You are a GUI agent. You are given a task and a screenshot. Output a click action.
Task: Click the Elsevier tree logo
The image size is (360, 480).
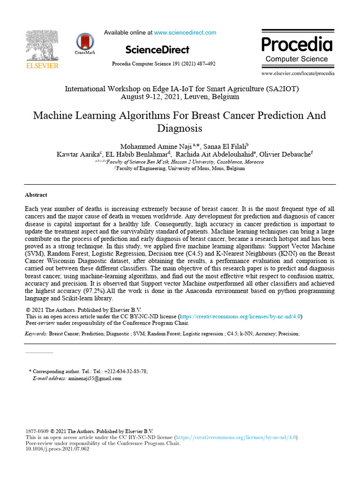[42, 46]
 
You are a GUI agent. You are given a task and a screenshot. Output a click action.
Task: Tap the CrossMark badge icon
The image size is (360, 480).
[85, 42]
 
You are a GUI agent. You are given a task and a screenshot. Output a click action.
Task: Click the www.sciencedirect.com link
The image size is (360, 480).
[185, 33]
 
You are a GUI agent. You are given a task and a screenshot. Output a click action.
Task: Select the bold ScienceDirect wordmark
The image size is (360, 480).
[157, 50]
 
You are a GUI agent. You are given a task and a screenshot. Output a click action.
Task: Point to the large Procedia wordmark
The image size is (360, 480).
[297, 45]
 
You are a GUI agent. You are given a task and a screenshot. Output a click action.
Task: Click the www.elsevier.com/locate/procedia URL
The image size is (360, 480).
[298, 74]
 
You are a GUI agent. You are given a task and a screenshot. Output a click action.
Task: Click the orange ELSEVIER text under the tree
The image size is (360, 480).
[42, 66]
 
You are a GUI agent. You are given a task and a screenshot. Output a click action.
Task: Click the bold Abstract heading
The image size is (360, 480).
[36, 195]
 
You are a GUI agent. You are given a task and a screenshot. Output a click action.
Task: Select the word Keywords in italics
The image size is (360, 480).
[36, 334]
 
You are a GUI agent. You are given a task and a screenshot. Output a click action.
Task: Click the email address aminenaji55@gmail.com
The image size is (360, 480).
[95, 378]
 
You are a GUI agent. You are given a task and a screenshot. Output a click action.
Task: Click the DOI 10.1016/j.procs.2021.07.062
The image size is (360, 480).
[57, 449]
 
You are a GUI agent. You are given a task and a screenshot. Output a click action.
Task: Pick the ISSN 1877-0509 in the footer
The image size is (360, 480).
[37, 431]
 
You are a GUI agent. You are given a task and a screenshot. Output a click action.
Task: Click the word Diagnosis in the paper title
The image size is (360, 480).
[180, 128]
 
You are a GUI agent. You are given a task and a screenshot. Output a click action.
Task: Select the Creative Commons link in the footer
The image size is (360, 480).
[235, 437]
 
